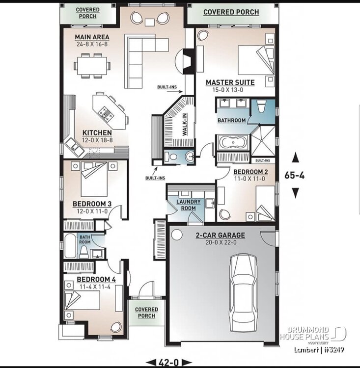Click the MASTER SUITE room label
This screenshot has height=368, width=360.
pyautogui.click(x=230, y=82)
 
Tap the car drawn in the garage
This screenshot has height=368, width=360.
pyautogui.click(x=243, y=293)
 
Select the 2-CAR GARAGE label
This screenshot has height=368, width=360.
pyautogui.click(x=221, y=235)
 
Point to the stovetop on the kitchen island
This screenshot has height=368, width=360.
pyautogui.click(x=106, y=113)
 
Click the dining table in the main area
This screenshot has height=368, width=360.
pyautogui.click(x=92, y=66)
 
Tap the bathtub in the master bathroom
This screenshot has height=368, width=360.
pyautogui.click(x=233, y=142)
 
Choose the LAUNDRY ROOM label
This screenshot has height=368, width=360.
pyautogui.click(x=189, y=205)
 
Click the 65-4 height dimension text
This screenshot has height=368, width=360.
pyautogui.click(x=295, y=175)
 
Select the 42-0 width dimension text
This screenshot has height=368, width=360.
pyautogui.click(x=169, y=363)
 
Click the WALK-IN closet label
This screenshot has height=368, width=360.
pyautogui.click(x=185, y=125)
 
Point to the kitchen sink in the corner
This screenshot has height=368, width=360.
pyautogui.click(x=74, y=147)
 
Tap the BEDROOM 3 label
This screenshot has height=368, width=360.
pyautogui.click(x=92, y=204)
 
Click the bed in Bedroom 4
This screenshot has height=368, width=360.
pyautogui.click(x=82, y=300)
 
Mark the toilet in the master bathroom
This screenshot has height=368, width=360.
pyautogui.click(x=261, y=106)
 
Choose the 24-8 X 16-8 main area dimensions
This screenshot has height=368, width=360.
pyautogui.click(x=92, y=44)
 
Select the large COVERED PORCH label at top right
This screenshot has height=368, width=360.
pyautogui.click(x=231, y=12)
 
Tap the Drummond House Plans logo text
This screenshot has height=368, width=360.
pyautogui.click(x=305, y=334)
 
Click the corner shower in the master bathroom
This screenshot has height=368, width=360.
pyautogui.click(x=263, y=141)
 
